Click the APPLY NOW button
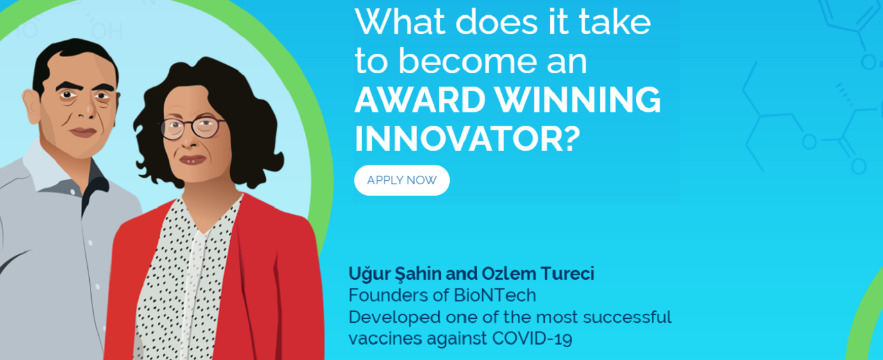click(402, 180)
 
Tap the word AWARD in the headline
click(420, 99)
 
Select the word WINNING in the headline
click(578, 99)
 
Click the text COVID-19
click(532, 338)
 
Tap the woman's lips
click(193, 160)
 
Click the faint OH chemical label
click(107, 31)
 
